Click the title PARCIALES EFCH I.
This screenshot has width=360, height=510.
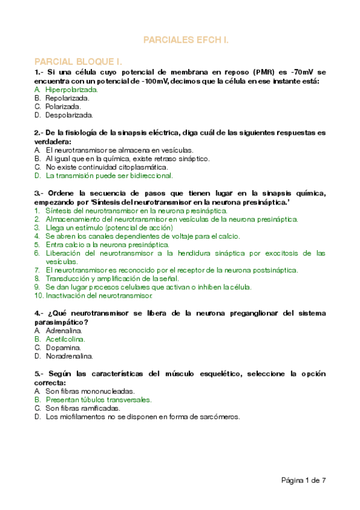[186, 40]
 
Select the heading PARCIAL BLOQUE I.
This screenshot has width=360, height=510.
[79, 61]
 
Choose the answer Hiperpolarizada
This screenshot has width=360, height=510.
[72, 90]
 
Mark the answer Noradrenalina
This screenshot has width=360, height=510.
[69, 356]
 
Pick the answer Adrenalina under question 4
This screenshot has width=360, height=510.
[64, 331]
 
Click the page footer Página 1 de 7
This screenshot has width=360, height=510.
[304, 480]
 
